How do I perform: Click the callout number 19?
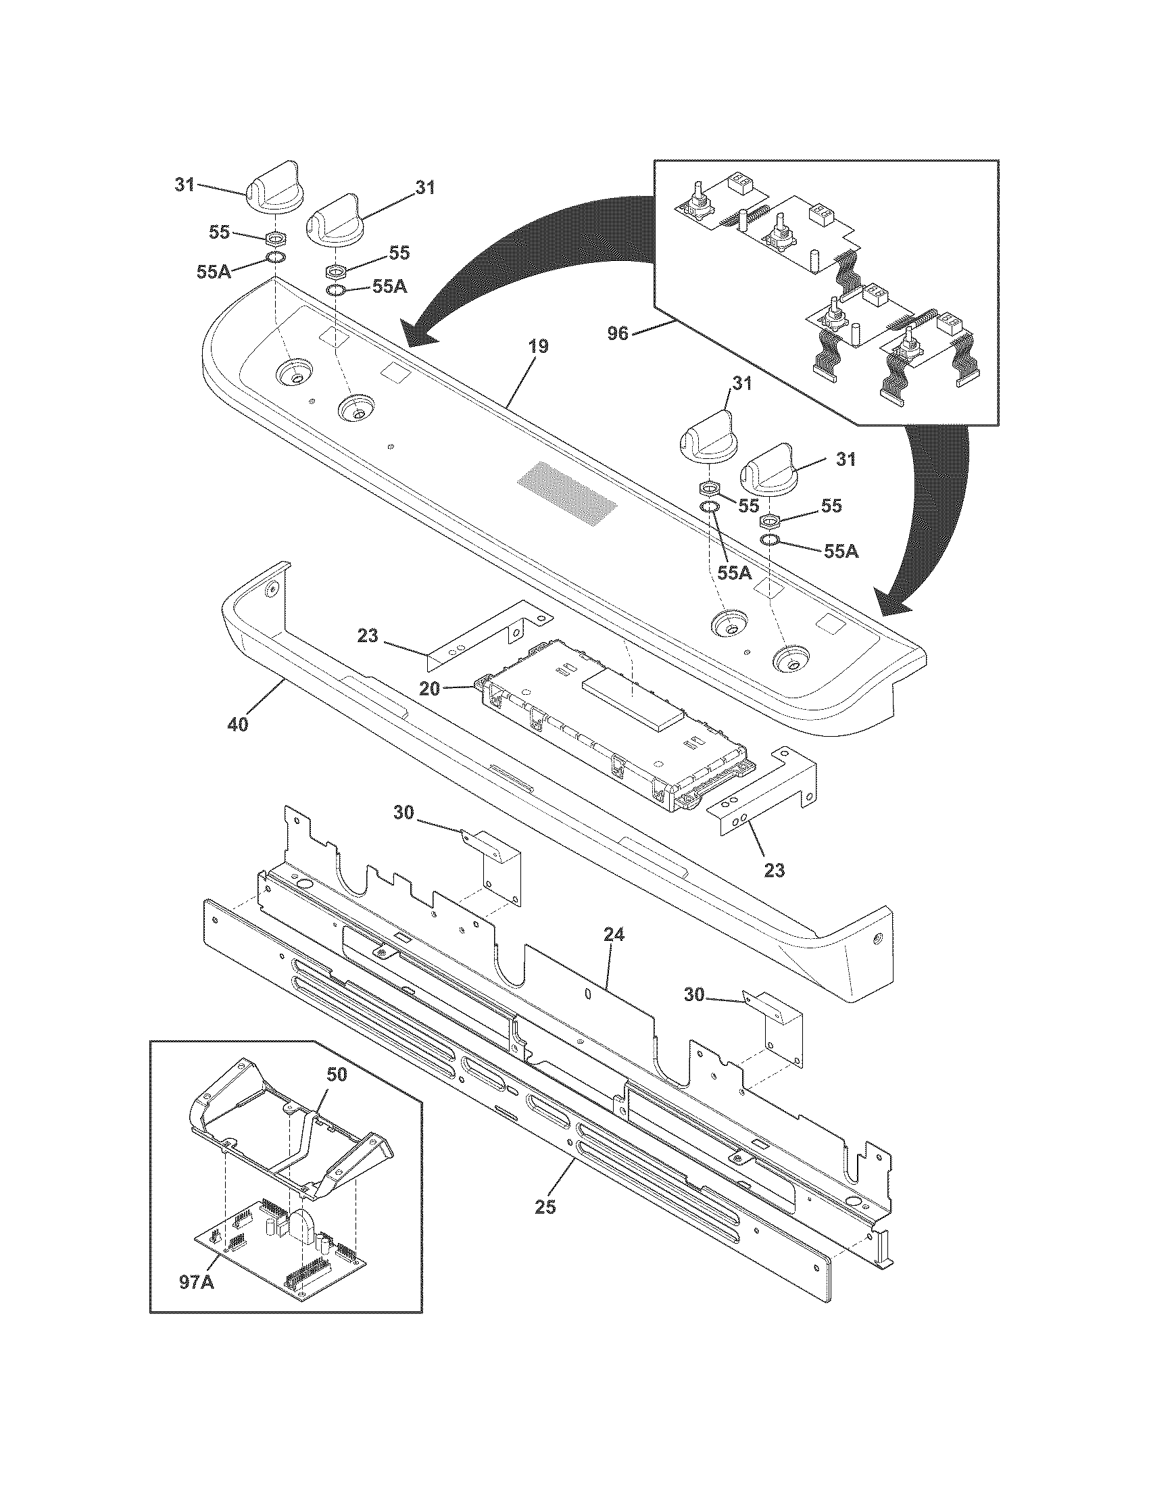point(537,347)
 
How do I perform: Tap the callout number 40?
point(237,725)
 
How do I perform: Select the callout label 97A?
point(198,1282)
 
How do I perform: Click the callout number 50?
point(337,1075)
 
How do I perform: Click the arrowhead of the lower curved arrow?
point(891,602)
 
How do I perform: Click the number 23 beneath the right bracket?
point(775,870)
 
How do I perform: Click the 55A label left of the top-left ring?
point(214,272)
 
